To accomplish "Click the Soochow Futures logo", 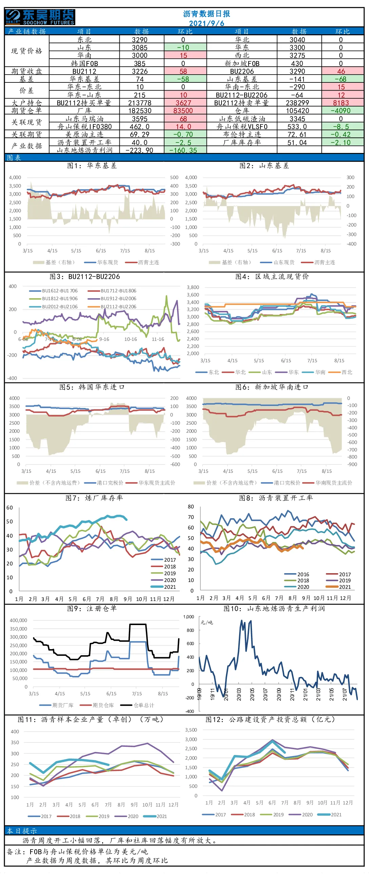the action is (x=40, y=17).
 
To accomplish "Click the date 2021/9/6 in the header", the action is (x=207, y=23).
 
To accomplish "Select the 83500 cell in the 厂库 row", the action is (x=183, y=111).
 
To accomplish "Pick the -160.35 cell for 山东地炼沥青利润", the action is (x=183, y=150).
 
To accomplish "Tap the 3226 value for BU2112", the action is (x=140, y=71).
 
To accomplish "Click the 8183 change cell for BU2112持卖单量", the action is (x=341, y=103).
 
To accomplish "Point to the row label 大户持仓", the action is (x=26, y=103).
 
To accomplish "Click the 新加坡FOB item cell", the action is (x=242, y=63).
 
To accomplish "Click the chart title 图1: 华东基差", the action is (x=92, y=166).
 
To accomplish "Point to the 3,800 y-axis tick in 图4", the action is (x=193, y=287).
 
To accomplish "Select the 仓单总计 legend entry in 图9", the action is (x=137, y=705).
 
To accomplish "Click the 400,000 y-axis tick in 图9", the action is (x=18, y=620).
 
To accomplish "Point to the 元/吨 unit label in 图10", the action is (x=207, y=622).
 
